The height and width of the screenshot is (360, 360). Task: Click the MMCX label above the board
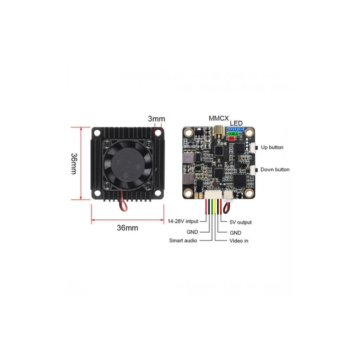(218, 118)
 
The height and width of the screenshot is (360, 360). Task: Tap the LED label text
(236, 123)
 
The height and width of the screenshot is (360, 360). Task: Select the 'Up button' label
(271, 147)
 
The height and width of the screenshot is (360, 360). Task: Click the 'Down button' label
(274, 170)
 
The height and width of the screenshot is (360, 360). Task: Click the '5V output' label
(240, 222)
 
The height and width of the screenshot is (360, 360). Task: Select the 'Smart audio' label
(183, 241)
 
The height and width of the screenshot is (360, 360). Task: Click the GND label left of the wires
(193, 233)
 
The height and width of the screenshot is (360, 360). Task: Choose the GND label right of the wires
(235, 233)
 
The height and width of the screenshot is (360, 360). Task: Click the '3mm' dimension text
(155, 119)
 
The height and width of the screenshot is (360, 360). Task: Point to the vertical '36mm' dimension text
(74, 163)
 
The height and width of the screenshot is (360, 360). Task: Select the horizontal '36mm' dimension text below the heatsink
(127, 227)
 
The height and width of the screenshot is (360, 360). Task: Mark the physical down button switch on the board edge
(253, 170)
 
